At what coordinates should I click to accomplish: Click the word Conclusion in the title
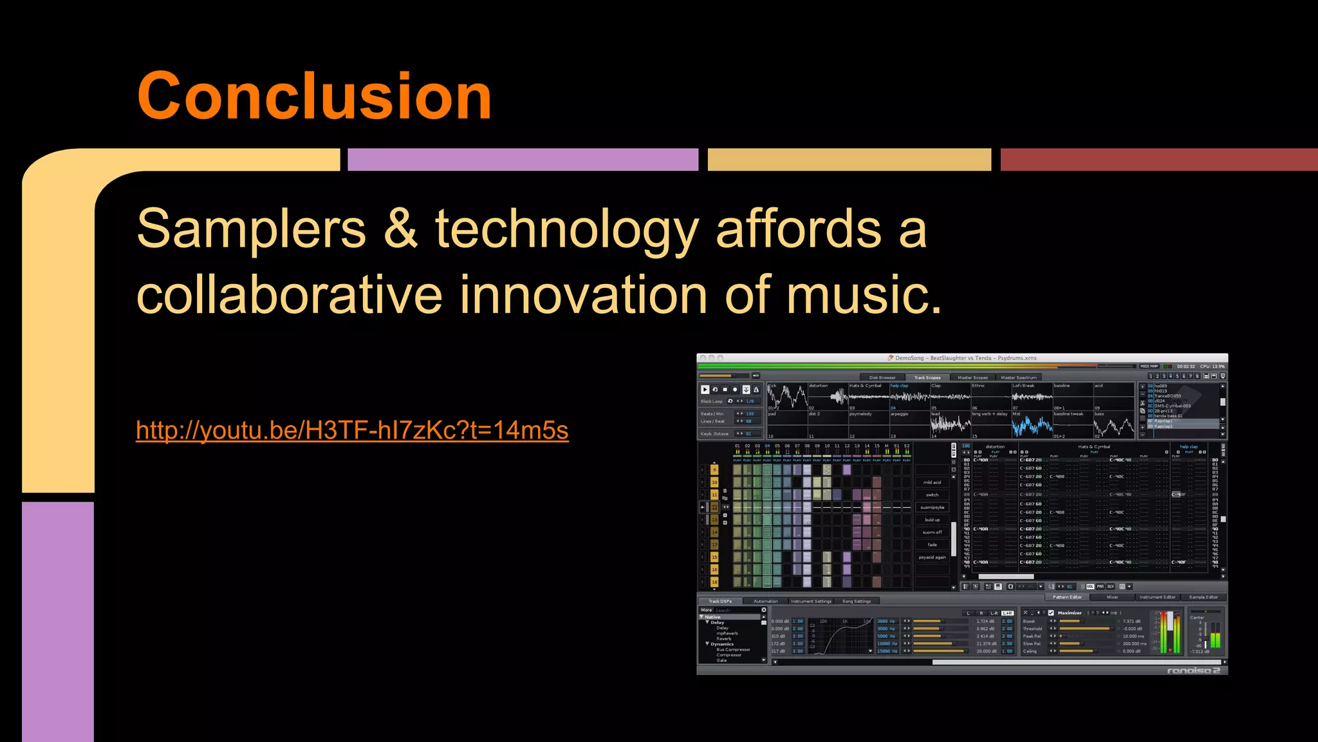(314, 97)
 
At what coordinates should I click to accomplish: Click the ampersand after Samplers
(400, 229)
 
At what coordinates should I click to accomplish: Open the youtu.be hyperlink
(352, 430)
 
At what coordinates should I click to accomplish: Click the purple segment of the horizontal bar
(523, 160)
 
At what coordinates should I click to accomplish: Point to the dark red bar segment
(1158, 160)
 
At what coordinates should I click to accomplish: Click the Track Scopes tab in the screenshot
(927, 378)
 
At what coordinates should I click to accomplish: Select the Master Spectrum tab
(1019, 378)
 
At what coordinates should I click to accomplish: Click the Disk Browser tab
(882, 378)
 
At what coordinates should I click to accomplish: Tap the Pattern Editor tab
(1067, 597)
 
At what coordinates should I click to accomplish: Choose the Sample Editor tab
(1203, 597)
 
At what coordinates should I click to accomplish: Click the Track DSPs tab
(720, 602)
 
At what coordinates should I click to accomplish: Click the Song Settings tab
(857, 602)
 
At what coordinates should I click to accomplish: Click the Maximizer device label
(1070, 613)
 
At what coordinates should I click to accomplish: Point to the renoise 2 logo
(1193, 671)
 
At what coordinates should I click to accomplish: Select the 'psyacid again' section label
(932, 557)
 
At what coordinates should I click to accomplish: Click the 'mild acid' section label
(932, 482)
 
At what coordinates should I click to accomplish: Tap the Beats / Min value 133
(750, 414)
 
